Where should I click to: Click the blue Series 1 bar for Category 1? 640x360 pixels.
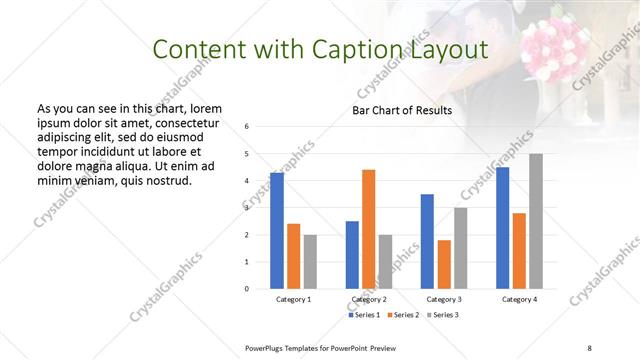tap(277, 231)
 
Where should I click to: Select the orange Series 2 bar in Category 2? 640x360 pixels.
tap(368, 229)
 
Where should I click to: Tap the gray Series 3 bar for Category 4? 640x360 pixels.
tap(536, 221)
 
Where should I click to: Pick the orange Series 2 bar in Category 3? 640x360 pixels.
tap(444, 264)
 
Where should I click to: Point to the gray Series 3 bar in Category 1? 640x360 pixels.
tap(310, 262)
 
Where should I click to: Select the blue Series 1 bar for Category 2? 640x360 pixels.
tap(352, 255)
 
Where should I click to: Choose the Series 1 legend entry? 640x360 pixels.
tap(364, 315)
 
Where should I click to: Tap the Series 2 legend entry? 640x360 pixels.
tap(403, 315)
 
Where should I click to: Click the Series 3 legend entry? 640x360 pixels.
tap(442, 315)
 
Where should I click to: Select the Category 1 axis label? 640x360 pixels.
tap(294, 299)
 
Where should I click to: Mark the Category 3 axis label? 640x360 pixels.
tap(444, 299)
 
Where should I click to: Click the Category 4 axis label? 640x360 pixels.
tap(519, 299)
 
